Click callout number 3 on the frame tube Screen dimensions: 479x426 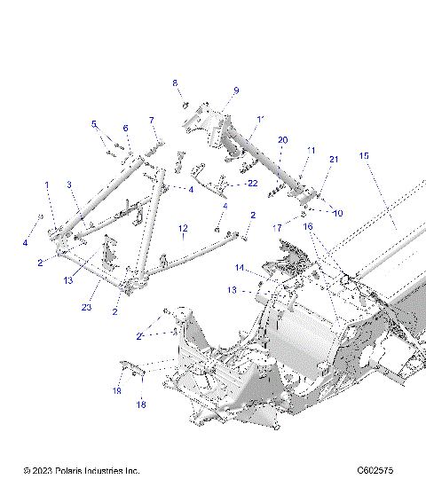coord(68,185)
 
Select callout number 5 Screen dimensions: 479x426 coord(94,124)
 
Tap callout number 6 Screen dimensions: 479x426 coord(125,128)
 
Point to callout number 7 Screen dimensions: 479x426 coord(151,120)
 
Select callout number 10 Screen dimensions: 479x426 coord(338,213)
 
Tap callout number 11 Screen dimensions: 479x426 coord(312,151)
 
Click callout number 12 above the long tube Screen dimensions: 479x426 coord(182,228)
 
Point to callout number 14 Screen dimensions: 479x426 coord(239,267)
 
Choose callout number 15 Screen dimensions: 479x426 coord(363,156)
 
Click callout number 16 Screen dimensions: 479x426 coord(309,227)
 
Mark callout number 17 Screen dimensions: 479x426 coord(277,228)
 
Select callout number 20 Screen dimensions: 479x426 coord(282,140)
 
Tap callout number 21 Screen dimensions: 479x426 coord(334,160)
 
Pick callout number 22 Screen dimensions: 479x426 coord(253,183)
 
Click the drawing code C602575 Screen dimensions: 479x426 coord(375,469)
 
